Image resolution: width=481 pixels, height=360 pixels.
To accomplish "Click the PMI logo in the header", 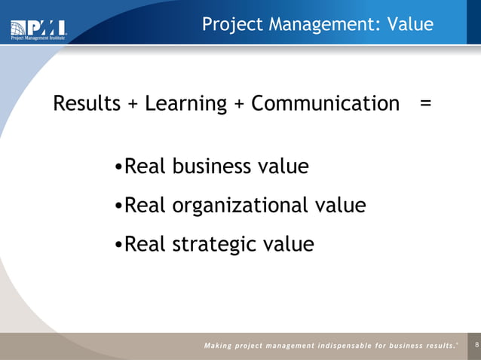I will (38, 29).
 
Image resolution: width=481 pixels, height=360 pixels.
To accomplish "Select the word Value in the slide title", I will (410, 25).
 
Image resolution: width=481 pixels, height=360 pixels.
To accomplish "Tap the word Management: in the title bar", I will (321, 25).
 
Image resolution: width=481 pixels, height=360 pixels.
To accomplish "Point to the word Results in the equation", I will (87, 103).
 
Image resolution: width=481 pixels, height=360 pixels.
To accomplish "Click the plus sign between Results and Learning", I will (133, 104).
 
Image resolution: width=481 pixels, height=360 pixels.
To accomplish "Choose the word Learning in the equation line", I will (185, 104).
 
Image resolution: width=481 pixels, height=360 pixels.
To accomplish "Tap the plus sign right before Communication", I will (239, 104).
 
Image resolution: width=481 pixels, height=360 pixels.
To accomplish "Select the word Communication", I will (325, 103).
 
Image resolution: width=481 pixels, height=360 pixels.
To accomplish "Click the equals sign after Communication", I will (426, 104).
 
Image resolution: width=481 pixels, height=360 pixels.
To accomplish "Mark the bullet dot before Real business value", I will (118, 167).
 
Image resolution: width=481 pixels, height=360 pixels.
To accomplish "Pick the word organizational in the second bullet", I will (244, 205).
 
